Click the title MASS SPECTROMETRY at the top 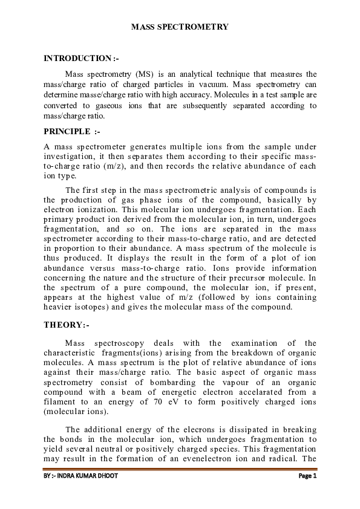click(180, 27)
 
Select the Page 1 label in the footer click(307, 476)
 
